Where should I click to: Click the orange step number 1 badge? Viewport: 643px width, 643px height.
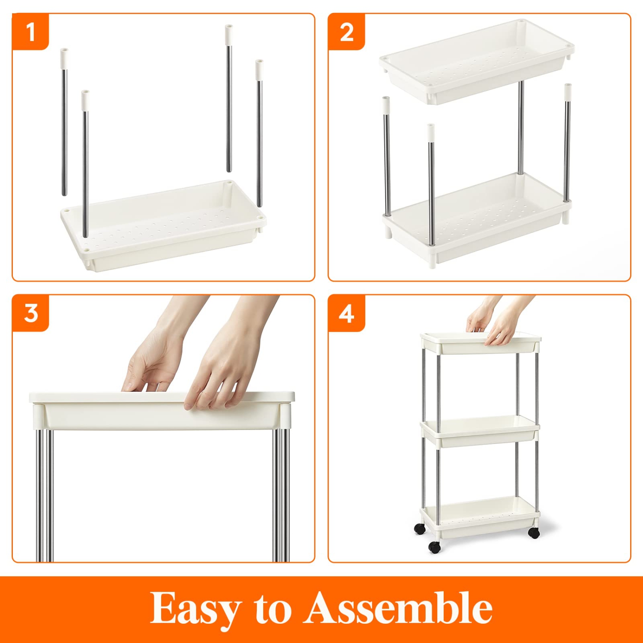tap(30, 32)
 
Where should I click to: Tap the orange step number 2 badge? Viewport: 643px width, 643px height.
tap(346, 32)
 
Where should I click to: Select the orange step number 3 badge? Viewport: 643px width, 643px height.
tap(30, 313)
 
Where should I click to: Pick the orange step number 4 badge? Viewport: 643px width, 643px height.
tap(346, 313)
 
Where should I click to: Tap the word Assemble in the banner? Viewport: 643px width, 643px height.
tap(399, 608)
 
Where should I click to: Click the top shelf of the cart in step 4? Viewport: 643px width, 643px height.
tap(480, 343)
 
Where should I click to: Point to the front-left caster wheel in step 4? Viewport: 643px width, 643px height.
tap(434, 547)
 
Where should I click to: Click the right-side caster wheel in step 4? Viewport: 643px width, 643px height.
tap(534, 533)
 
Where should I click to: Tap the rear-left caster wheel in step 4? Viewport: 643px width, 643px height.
tap(420, 529)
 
